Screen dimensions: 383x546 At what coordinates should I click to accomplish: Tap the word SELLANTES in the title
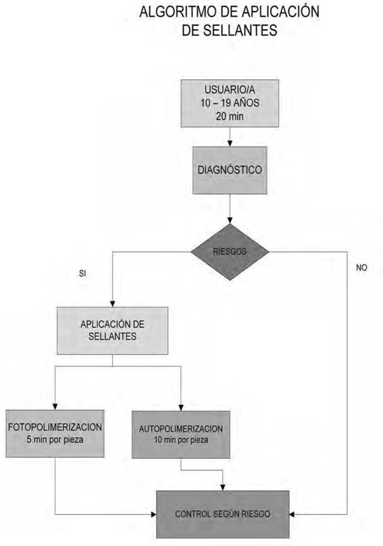click(240, 30)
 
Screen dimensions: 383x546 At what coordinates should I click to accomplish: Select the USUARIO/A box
click(230, 103)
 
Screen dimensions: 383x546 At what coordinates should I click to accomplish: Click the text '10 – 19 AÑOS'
click(230, 103)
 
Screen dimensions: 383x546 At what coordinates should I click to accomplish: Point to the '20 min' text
click(230, 116)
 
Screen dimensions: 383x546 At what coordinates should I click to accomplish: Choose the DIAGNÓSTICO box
click(230, 170)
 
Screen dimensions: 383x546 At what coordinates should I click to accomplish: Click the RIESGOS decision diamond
click(230, 252)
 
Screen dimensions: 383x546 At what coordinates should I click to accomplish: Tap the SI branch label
click(82, 274)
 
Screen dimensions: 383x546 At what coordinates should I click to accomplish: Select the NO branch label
click(362, 268)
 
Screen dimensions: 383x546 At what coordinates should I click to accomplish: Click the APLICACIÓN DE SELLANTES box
click(112, 331)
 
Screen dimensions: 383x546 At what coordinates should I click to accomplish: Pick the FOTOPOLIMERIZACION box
click(55, 434)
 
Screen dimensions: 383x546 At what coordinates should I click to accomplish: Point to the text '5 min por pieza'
click(55, 439)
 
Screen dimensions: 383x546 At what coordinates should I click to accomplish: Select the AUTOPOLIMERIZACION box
click(181, 435)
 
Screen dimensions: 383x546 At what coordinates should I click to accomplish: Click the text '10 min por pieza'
click(181, 440)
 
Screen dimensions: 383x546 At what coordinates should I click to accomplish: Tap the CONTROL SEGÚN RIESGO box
click(223, 514)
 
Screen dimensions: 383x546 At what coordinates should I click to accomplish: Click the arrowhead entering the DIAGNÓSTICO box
click(230, 143)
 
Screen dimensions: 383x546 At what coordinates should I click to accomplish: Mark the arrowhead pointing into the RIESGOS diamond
click(230, 220)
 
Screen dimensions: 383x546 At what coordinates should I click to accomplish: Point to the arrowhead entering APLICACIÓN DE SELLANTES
click(112, 304)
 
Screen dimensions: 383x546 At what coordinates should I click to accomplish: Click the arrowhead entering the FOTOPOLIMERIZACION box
click(55, 407)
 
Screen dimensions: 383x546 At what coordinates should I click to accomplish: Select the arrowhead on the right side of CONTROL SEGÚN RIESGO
click(292, 514)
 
